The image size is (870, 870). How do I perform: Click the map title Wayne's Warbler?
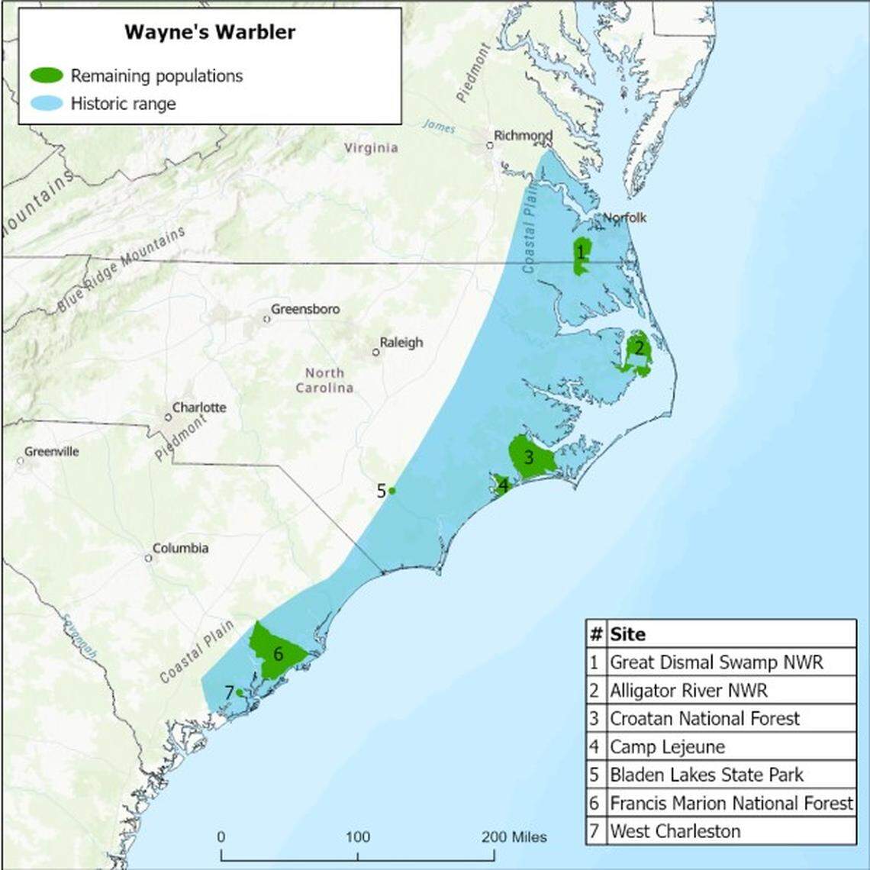210,32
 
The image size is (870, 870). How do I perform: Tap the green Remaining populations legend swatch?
47,76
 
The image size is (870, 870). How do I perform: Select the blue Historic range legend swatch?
47,103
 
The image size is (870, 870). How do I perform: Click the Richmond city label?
523,136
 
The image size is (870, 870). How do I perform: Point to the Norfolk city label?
624,218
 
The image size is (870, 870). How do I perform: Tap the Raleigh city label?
401,343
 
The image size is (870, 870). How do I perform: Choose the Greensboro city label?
305,310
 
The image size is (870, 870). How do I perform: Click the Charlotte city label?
198,408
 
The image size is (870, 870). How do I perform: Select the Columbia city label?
180,548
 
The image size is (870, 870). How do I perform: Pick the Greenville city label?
51,452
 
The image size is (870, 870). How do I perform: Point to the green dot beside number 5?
392,491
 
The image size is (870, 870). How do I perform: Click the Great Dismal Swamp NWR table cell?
717,662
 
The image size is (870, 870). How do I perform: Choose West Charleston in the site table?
675,831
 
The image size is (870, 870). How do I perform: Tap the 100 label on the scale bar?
358,837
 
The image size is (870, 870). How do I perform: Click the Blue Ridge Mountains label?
122,269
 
